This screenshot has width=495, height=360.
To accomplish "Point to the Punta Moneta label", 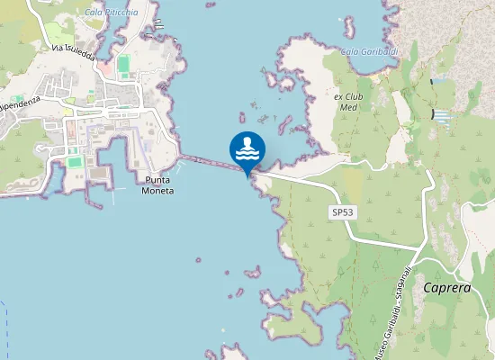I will (158, 184).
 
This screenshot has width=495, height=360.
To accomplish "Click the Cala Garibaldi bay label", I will (369, 51).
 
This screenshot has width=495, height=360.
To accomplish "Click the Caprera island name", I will (446, 289).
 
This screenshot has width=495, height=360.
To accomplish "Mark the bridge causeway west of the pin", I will (211, 164).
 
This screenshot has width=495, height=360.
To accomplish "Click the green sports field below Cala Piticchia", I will (123, 63).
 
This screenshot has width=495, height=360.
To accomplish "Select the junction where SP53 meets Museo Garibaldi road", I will (419, 248).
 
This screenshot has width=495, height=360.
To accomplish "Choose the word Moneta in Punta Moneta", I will (158, 190).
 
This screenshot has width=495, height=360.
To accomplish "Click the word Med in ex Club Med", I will (346, 106).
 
